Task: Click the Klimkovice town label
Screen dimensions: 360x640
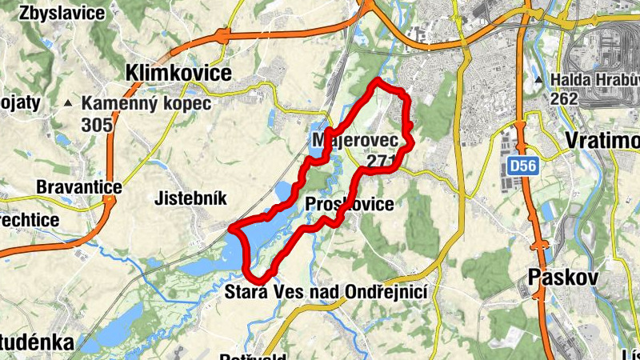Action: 178,74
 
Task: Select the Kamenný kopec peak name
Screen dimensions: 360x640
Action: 146,103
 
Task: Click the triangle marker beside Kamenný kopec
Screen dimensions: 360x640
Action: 69,103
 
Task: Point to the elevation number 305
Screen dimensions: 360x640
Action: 97,124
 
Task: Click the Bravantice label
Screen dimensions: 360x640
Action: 78,187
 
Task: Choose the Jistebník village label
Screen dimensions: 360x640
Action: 191,198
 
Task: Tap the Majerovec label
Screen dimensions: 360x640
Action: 350,141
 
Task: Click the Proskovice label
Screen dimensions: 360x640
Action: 350,205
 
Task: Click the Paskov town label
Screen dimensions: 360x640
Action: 563,278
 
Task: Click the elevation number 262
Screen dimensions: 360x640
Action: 565,98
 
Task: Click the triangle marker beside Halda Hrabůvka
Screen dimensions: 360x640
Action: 542,80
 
